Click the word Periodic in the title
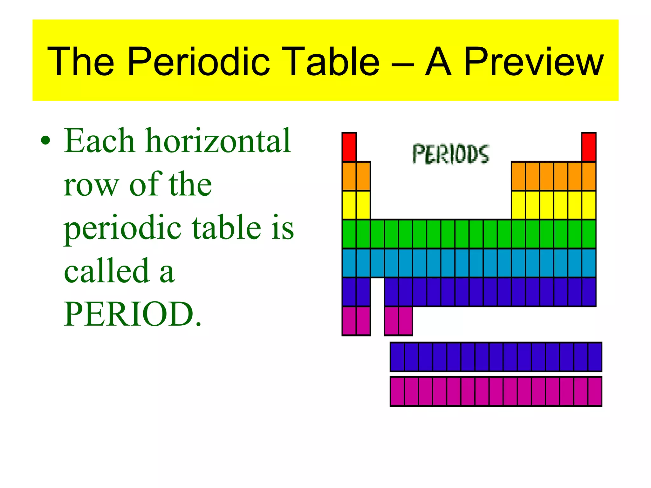(x=199, y=62)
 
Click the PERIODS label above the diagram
(x=451, y=154)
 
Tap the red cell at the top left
(x=349, y=147)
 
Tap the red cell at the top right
(x=589, y=147)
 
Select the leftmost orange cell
(x=349, y=176)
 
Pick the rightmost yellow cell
(x=589, y=205)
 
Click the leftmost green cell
(x=349, y=234)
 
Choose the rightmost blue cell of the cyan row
(x=589, y=263)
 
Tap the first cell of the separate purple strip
(x=397, y=357)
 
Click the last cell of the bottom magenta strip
(x=595, y=391)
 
